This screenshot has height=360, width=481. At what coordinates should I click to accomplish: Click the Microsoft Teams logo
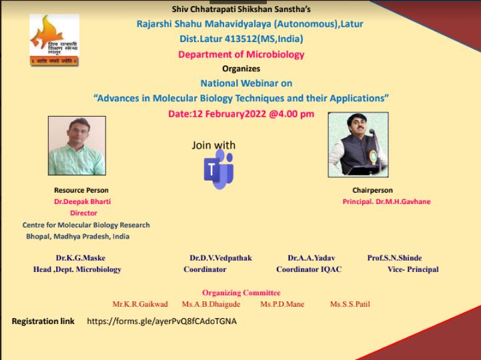click(x=219, y=169)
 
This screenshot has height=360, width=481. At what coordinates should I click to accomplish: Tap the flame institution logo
click(x=54, y=40)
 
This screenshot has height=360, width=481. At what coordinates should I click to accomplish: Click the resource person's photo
click(x=77, y=145)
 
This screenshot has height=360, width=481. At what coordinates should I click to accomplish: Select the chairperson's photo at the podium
click(x=358, y=145)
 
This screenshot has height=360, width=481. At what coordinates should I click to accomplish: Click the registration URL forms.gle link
click(x=161, y=321)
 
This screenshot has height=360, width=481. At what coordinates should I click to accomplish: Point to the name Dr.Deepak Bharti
click(x=82, y=201)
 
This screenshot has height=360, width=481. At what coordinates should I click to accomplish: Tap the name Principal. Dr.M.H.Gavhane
click(x=386, y=201)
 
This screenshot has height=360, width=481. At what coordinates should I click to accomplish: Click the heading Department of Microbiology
click(x=241, y=54)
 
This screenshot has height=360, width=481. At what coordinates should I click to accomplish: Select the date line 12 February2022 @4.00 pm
click(x=241, y=114)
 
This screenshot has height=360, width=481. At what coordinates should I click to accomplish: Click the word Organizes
click(x=241, y=69)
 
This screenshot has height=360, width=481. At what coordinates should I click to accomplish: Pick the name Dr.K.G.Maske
click(x=80, y=258)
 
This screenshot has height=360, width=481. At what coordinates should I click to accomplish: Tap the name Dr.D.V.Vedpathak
click(x=221, y=258)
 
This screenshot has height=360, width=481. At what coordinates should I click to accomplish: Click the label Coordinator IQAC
click(x=309, y=269)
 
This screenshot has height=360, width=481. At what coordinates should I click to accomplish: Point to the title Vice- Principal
click(x=413, y=269)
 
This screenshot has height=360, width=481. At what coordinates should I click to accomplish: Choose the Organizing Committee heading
click(x=241, y=293)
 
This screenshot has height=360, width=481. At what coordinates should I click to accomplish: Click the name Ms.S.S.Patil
click(x=350, y=304)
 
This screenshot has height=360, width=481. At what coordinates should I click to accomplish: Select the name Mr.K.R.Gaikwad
click(x=140, y=304)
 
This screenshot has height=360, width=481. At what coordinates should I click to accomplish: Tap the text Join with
click(x=213, y=145)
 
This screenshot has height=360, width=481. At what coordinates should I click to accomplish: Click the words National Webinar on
click(x=246, y=83)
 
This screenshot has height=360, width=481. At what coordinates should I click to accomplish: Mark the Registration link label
click(x=43, y=321)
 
